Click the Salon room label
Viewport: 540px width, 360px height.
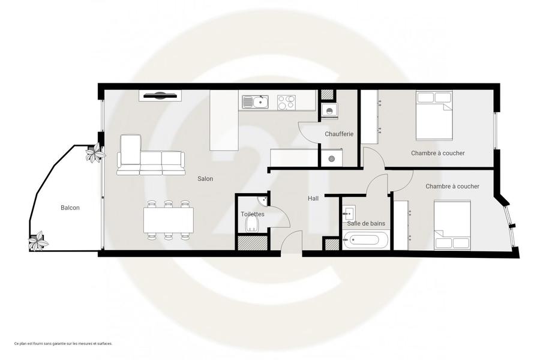[205, 179]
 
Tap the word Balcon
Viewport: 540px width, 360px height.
[70, 208]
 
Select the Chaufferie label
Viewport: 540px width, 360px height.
[339, 134]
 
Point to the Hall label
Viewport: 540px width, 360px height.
[313, 199]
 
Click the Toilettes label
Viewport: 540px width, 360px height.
[253, 214]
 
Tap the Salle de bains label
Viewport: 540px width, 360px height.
[366, 224]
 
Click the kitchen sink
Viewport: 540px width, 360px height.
[255, 102]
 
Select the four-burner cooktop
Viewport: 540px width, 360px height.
[286, 103]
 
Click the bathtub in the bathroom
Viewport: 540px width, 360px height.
[366, 240]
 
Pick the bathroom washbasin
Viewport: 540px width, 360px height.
[349, 213]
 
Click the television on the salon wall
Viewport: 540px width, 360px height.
[160, 96]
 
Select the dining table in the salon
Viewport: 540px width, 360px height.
[169, 220]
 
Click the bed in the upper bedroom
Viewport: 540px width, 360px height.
[434, 116]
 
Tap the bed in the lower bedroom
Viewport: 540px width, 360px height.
[452, 226]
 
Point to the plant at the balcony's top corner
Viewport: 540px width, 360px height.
[95, 152]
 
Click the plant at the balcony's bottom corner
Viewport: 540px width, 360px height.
[38, 241]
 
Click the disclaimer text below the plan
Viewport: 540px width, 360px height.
[64, 343]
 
